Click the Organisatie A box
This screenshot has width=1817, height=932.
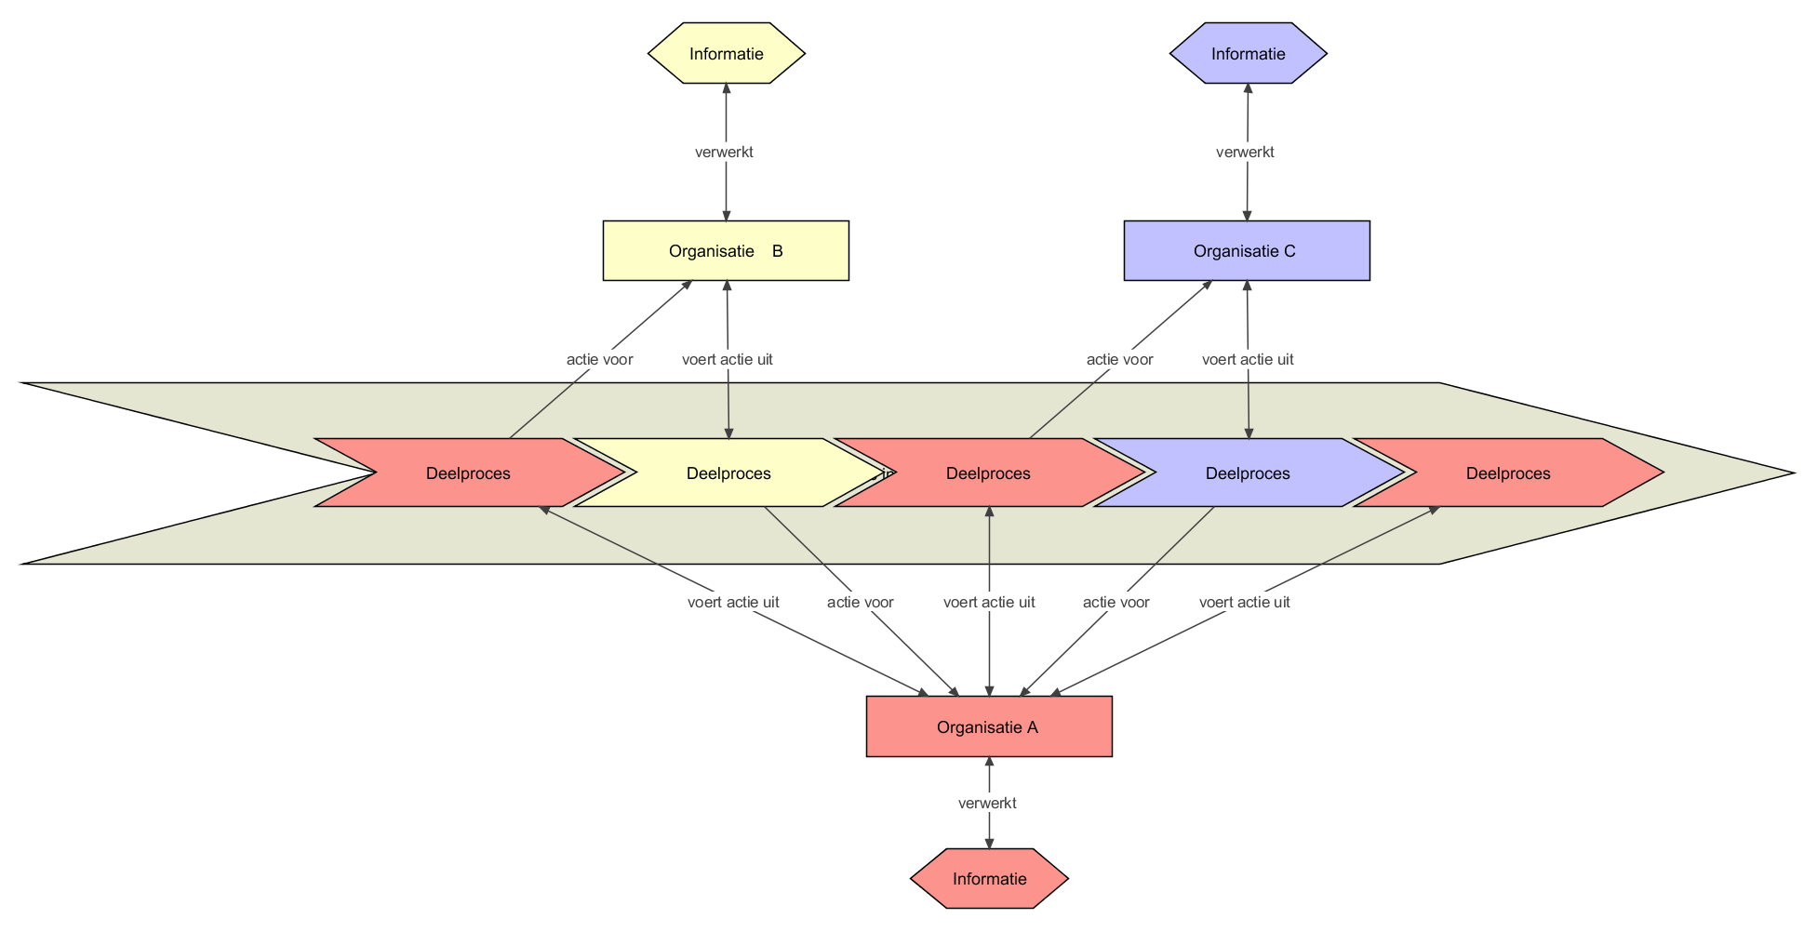click(x=988, y=726)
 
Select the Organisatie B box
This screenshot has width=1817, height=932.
click(x=726, y=250)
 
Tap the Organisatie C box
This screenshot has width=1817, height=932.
click(x=1247, y=250)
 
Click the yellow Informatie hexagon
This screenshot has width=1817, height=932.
click(x=727, y=53)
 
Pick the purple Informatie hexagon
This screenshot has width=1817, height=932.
click(x=1248, y=53)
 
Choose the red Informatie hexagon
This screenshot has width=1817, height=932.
click(x=989, y=878)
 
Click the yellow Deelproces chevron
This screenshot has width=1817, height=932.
click(x=728, y=473)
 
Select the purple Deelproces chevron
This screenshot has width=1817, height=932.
click(x=1248, y=473)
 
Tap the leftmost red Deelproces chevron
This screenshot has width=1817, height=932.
click(x=468, y=473)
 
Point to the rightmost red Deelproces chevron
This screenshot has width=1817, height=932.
click(x=1507, y=473)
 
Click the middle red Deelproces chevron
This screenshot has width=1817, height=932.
click(x=988, y=473)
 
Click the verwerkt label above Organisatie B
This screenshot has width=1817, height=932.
click(x=724, y=152)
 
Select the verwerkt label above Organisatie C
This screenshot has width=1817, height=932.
click(x=1245, y=152)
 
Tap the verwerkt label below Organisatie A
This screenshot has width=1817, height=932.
click(x=987, y=803)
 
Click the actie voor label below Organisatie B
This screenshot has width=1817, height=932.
click(x=599, y=359)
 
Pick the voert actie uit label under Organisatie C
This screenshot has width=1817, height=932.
click(x=1248, y=359)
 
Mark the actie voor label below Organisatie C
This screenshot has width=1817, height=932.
click(x=1119, y=359)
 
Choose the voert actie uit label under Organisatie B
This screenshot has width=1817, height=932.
click(x=727, y=359)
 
